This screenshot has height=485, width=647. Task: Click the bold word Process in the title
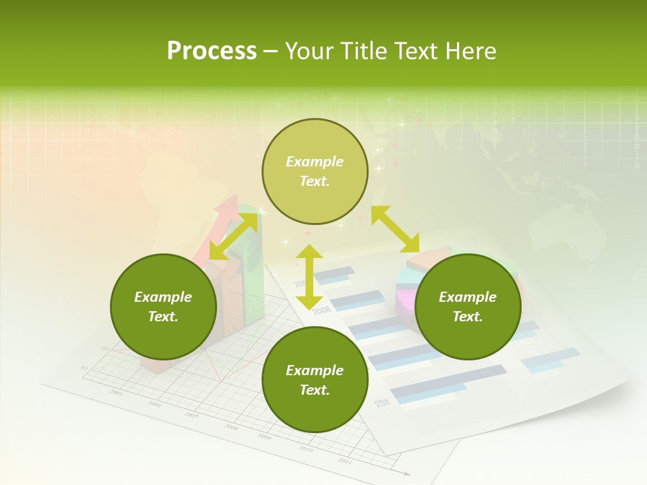(x=212, y=51)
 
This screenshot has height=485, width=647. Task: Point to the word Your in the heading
(x=309, y=51)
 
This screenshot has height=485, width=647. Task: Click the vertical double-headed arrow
(x=309, y=277)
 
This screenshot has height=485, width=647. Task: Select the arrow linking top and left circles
(x=233, y=236)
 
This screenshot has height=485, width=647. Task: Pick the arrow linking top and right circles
(x=395, y=229)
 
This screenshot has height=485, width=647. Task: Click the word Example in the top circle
(x=315, y=162)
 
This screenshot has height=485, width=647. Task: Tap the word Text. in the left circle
(x=163, y=317)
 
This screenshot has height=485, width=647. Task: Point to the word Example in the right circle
(x=468, y=297)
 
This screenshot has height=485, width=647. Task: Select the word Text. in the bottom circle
(x=315, y=390)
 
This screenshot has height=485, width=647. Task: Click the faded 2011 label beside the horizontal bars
(x=383, y=403)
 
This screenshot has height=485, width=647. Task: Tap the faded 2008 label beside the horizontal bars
(x=321, y=310)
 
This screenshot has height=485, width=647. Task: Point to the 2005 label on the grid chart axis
(x=116, y=392)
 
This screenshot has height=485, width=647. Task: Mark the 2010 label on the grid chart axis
(x=305, y=449)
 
